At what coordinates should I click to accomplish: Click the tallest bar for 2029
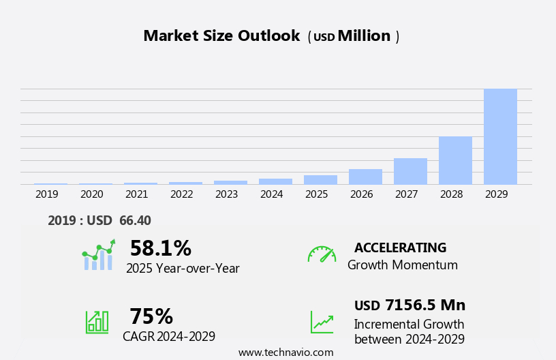coord(500,136)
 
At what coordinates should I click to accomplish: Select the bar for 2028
coord(455,160)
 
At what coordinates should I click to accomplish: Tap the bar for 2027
coord(410,171)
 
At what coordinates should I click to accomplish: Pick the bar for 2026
coord(365,177)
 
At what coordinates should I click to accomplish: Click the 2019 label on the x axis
coord(47,194)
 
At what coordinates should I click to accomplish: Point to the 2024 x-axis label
coord(271,194)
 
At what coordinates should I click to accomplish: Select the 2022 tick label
coord(181,194)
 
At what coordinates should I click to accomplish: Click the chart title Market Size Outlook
coord(221,36)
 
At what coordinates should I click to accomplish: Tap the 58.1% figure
coord(160,248)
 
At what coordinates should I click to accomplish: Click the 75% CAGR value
coord(151,316)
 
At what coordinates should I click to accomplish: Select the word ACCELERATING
coord(400,247)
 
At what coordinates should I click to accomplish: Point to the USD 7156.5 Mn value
coord(410,305)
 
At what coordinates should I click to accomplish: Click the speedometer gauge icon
coord(322,254)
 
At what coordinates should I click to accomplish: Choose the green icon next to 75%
coord(97,321)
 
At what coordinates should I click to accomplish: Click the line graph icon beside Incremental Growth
coord(322,322)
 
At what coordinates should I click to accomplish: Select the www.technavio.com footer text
coord(285,352)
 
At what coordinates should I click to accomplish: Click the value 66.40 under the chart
coord(135,220)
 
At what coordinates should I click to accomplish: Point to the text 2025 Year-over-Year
coord(183,269)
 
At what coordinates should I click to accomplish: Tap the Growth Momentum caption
coord(402,265)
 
